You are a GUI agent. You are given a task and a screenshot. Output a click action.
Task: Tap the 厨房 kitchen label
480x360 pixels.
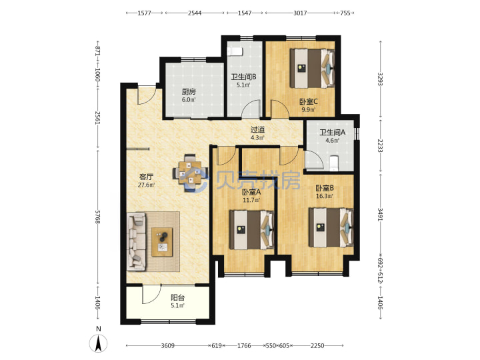coord(189,91)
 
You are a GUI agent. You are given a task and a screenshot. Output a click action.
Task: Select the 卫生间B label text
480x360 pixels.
coord(244,77)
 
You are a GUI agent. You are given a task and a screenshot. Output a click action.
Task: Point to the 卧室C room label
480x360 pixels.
coord(309,101)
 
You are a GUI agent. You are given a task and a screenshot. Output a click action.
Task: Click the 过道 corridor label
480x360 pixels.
coord(257,130)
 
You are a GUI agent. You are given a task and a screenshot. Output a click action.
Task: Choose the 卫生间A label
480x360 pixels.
coord(333,132)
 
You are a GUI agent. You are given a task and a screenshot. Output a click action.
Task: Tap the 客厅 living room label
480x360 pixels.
coord(146,177)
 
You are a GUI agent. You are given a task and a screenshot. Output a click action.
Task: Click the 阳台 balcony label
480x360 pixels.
coord(177,297)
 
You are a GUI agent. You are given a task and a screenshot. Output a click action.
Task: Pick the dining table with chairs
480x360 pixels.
coord(191,173)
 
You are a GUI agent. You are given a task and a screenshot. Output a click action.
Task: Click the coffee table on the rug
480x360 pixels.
coord(162,242)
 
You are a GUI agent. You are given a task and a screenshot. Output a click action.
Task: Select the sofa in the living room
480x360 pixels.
coord(137,242)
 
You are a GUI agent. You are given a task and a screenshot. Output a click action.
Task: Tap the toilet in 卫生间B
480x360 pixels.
coord(235,51)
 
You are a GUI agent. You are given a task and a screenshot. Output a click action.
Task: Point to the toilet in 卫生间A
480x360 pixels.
coord(335,163)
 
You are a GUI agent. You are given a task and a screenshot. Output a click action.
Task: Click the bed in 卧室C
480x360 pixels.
coord(312,68)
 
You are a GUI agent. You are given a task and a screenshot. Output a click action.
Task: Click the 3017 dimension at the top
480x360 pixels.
coord(300,13)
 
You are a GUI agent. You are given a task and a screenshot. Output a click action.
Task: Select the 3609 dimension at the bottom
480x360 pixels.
coord(168,345)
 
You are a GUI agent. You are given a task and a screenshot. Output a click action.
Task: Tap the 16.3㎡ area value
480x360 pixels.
coord(325,196)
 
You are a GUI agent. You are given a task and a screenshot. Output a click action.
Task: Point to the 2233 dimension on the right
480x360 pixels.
coord(380,146)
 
